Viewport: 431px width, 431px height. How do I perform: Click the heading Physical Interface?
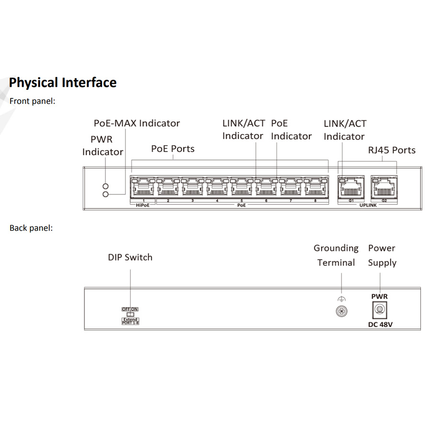pyautogui.click(x=63, y=82)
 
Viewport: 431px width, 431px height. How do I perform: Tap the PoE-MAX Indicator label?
pyautogui.click(x=136, y=123)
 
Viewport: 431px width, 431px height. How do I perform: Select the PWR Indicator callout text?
pyautogui.click(x=102, y=146)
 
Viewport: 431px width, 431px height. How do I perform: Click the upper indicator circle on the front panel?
pyautogui.click(x=106, y=186)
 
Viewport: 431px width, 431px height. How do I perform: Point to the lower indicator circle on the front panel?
pyautogui.click(x=106, y=194)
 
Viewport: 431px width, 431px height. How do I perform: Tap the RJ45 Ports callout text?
pyautogui.click(x=392, y=150)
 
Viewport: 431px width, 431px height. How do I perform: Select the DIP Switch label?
pyautogui.click(x=130, y=257)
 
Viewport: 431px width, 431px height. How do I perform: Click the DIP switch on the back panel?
pyautogui.click(x=130, y=314)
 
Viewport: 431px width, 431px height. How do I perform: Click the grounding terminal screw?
pyautogui.click(x=341, y=311)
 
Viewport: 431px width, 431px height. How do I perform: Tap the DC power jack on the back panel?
pyautogui.click(x=379, y=310)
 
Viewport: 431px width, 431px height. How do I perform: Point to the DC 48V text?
pyautogui.click(x=379, y=325)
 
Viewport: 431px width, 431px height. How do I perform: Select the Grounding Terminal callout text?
pyautogui.click(x=336, y=255)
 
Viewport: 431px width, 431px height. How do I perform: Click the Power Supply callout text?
pyautogui.click(x=382, y=255)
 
